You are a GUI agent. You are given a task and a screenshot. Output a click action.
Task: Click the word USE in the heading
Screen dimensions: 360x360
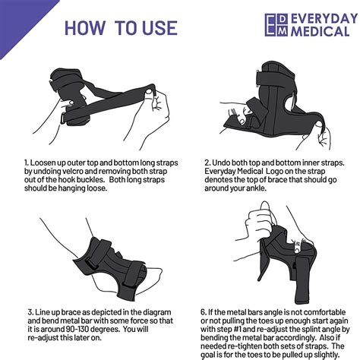[x=156, y=28]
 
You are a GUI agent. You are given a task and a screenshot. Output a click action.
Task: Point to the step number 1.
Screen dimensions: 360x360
[x=26, y=163]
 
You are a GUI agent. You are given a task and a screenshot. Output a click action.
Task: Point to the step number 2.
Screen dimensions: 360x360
[x=206, y=163]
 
